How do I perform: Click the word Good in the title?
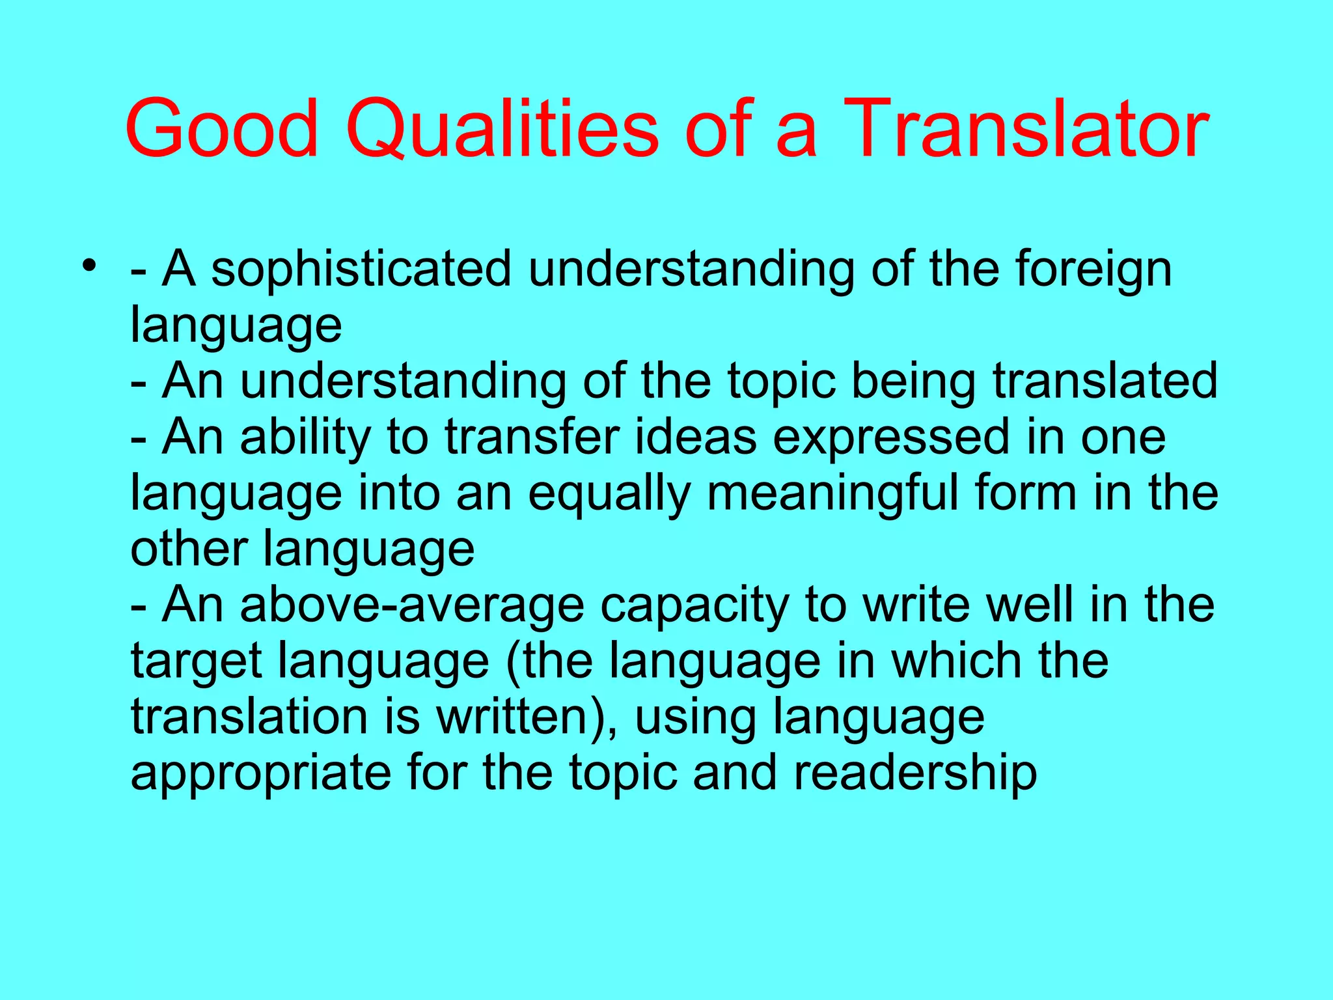221,128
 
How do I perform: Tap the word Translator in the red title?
1028,128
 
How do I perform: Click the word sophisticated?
361,270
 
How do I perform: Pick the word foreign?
1093,270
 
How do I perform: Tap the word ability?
305,437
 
